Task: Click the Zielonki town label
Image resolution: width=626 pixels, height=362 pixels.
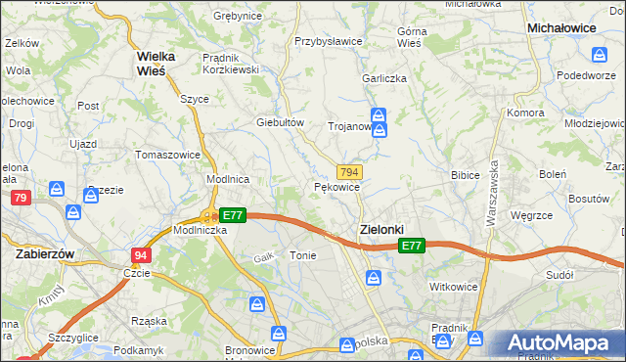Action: pos(376,228)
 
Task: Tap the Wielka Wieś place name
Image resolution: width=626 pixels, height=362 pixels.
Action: pos(156,63)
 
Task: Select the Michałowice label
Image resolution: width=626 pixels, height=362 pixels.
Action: pos(561,29)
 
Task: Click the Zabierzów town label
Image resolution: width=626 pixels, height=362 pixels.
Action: pos(46,252)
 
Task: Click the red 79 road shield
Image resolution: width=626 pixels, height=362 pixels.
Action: pos(21,198)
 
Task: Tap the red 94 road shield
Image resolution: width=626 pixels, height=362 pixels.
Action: pos(141,255)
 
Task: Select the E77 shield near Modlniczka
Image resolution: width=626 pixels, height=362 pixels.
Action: pos(231,215)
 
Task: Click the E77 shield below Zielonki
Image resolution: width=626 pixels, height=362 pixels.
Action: pos(412,247)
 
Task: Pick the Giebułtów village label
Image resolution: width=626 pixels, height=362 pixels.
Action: pos(281,122)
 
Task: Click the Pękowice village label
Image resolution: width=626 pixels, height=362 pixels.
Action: pos(337,186)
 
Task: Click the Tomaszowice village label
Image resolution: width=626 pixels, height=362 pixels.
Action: pos(167,155)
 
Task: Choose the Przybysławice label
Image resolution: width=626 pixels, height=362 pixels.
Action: pos(329,42)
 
